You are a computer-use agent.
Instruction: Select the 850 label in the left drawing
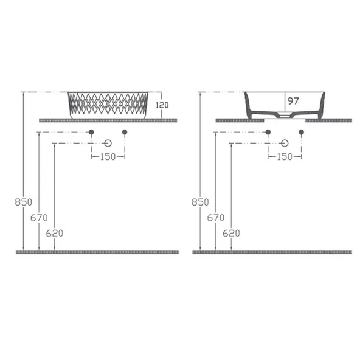(24, 202)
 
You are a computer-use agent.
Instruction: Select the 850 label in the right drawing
(201, 202)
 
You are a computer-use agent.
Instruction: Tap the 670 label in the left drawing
(39, 217)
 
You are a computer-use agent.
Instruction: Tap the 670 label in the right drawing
(216, 217)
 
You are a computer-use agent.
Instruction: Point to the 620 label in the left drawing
(55, 232)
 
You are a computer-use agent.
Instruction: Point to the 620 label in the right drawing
(231, 232)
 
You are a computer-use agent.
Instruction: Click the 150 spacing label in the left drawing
(108, 157)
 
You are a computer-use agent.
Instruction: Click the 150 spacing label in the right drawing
(285, 157)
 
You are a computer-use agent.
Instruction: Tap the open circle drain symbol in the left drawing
(108, 143)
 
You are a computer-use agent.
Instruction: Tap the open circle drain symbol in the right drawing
(285, 143)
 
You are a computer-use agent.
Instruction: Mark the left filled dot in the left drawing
(91, 132)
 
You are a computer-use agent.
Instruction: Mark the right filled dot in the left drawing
(125, 132)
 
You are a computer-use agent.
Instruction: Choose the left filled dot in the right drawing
(268, 132)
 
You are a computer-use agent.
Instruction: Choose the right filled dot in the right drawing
(301, 132)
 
